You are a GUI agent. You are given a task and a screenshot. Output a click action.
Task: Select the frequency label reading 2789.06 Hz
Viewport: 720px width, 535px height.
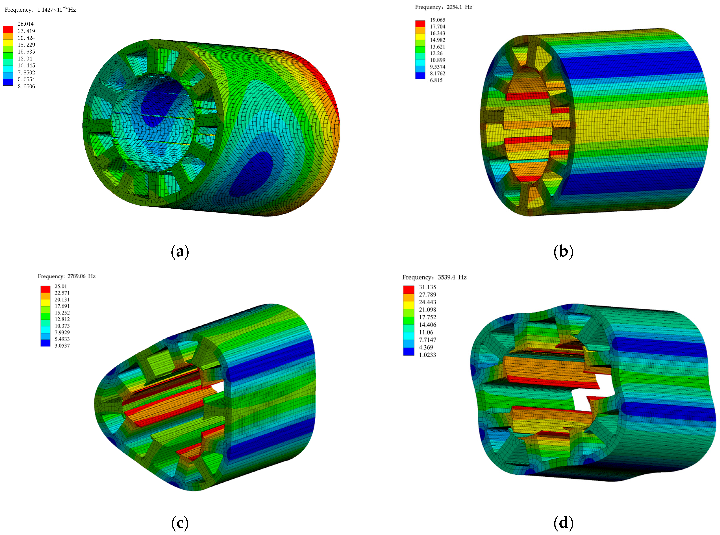pos(67,276)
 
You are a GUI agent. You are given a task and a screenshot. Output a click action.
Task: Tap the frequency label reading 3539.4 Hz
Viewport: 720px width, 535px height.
pos(434,277)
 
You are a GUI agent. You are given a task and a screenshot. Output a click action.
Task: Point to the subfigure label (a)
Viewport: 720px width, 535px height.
pos(180,252)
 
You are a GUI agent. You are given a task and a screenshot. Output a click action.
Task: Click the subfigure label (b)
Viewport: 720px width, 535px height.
pos(563,252)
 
